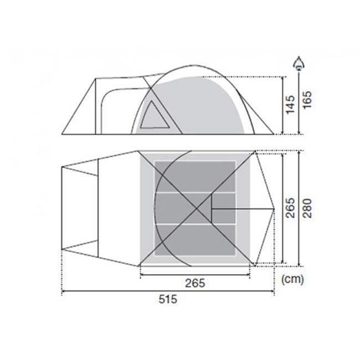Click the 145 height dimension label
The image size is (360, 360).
click(290, 105)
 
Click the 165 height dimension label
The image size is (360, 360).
click(307, 100)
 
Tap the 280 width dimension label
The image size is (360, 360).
click(307, 208)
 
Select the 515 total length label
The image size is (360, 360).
click(168, 299)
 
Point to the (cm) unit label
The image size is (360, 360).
click(292, 279)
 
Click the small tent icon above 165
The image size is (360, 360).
click(299, 63)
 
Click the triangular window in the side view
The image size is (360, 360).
click(155, 115)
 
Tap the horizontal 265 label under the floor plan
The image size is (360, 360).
click(195, 283)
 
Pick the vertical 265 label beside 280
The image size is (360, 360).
click(290, 208)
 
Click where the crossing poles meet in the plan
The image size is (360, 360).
click(197, 209)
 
